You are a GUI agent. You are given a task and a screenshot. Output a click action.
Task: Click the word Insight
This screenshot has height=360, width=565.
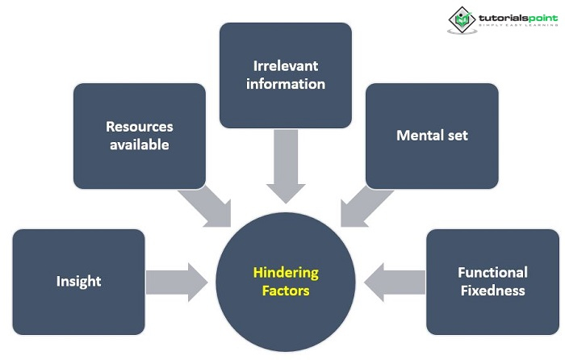pos(78,281)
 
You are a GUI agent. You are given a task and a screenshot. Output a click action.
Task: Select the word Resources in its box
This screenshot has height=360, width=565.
pos(140,127)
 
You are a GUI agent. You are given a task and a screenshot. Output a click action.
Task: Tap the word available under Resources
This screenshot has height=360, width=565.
pos(140,145)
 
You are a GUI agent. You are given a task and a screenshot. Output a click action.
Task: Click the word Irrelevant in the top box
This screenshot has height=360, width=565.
pos(285,65)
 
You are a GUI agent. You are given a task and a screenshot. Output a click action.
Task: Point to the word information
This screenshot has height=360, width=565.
pos(285,84)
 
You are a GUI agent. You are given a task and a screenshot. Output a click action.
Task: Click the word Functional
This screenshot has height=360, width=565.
pos(492,272)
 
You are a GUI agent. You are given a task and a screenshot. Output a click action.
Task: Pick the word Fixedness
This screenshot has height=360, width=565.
pos(492,291)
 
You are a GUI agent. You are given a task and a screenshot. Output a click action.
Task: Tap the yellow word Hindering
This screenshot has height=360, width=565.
pos(286,272)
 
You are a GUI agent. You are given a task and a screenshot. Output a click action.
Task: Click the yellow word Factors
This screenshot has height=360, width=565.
pos(286,291)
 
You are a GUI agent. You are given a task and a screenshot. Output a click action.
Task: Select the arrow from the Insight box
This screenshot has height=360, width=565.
pos(177,281)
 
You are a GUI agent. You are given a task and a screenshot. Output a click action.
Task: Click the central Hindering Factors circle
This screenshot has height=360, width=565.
pos(286,315)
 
